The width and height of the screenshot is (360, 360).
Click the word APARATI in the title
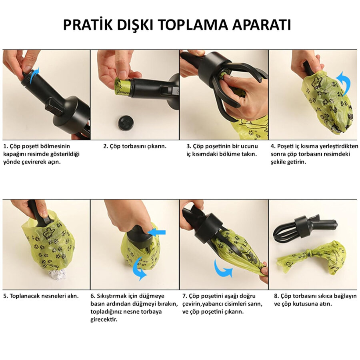coord(262,25)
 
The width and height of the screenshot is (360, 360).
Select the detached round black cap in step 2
coord(125,123)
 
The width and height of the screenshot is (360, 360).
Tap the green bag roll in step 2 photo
coord(122,86)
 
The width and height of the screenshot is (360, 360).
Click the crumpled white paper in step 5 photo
coord(57,274)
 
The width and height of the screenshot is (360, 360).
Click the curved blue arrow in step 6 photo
coord(139,268)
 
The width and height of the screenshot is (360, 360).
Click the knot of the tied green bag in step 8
coord(311,254)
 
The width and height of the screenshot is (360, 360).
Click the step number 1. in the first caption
coord(6,146)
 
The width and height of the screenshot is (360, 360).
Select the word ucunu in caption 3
coord(249,146)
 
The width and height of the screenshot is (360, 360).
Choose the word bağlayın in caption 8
coord(345,296)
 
